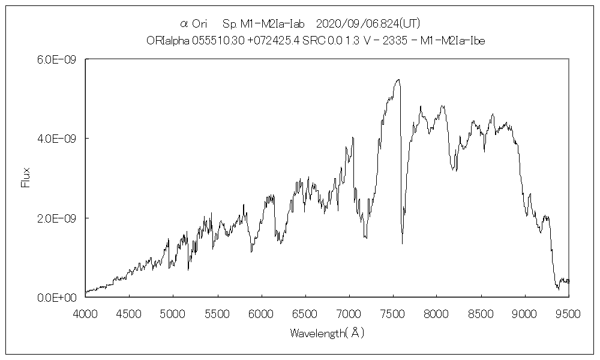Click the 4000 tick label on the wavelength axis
pos(85,313)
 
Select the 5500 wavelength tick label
pos(217,313)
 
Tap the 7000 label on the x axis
pos(349,313)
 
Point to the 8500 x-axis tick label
pos(481,313)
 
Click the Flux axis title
pos(25,178)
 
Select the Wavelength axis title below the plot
pos(327,332)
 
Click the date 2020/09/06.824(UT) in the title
pos(367,24)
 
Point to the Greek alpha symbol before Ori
pos(184,24)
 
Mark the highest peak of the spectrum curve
pos(398,79)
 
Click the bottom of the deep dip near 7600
pos(402,243)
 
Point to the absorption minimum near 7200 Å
pos(366,238)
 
